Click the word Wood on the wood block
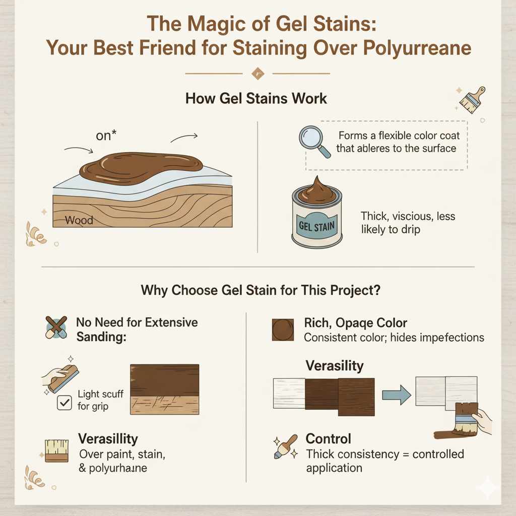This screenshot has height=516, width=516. (x=79, y=220)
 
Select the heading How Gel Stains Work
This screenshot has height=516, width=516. (x=256, y=98)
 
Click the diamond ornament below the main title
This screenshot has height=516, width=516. (x=257, y=74)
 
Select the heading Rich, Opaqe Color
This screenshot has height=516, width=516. (x=356, y=323)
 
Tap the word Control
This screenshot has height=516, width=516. (x=328, y=438)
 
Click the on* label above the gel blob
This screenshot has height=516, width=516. (x=106, y=136)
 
